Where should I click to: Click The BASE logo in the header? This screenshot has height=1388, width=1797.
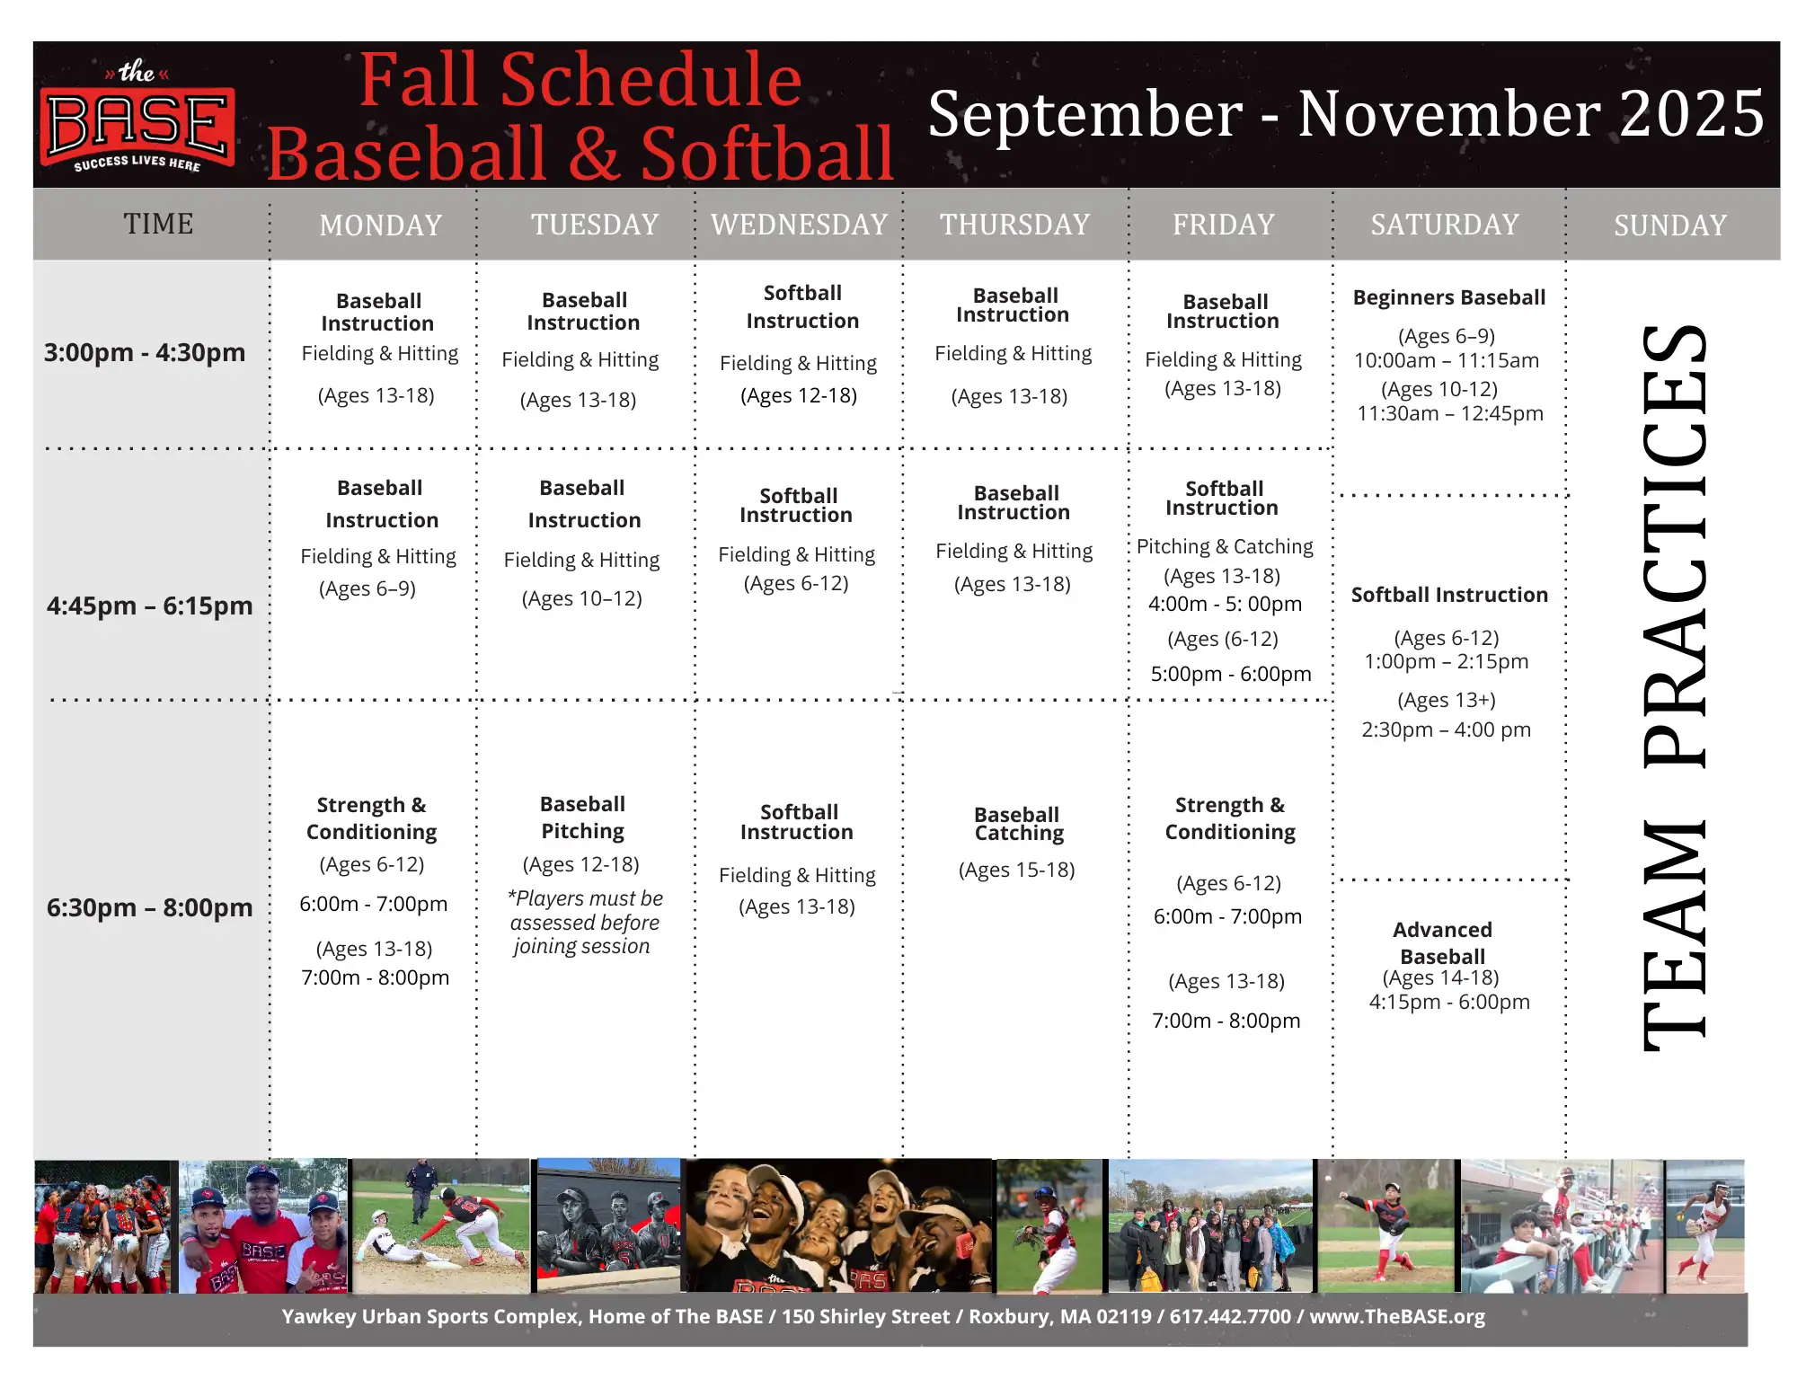(x=137, y=116)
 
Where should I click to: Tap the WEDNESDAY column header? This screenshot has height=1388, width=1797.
(x=800, y=225)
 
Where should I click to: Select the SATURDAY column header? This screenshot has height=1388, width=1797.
(x=1445, y=225)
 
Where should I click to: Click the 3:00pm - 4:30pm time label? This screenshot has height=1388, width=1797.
(x=145, y=352)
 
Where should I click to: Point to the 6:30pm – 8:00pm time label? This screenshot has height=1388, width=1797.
(x=150, y=907)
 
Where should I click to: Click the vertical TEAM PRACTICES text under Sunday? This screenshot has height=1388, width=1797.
(x=1674, y=687)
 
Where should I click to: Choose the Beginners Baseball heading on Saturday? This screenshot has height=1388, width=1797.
(x=1449, y=297)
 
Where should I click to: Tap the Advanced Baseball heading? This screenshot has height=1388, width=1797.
(x=1443, y=942)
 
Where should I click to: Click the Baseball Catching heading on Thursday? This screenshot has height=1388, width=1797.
(x=1018, y=824)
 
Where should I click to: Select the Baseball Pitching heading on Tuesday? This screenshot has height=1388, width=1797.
(x=582, y=818)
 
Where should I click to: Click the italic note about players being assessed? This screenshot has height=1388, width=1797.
(x=585, y=923)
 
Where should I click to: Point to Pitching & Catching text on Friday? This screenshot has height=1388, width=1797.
(x=1225, y=546)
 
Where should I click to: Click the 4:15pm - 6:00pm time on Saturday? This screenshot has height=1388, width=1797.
(x=1449, y=1002)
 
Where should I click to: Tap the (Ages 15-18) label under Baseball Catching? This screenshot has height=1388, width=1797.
(x=1017, y=870)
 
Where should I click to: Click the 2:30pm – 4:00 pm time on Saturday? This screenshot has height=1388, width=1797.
(x=1447, y=729)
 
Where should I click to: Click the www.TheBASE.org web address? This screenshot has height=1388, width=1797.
(x=1397, y=1317)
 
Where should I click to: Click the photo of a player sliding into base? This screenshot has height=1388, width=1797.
(x=440, y=1225)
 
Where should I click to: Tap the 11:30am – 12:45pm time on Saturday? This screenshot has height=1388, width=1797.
(x=1450, y=413)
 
